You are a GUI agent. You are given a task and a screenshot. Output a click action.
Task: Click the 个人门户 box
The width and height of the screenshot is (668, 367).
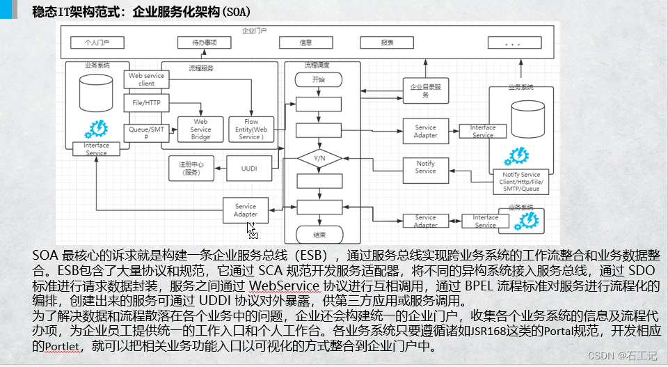click(x=97, y=42)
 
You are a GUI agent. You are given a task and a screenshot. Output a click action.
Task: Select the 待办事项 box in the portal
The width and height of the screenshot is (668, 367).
click(x=205, y=42)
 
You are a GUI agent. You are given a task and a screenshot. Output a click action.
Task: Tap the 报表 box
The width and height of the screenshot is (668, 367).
click(x=387, y=42)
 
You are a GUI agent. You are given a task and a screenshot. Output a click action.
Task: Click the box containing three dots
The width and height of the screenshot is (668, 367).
click(x=514, y=43)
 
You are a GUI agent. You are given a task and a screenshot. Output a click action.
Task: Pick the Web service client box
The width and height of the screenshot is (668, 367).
click(x=146, y=79)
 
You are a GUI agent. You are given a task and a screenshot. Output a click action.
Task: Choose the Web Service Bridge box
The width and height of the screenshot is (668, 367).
click(x=200, y=129)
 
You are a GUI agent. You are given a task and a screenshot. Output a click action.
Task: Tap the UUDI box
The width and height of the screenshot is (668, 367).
click(x=249, y=168)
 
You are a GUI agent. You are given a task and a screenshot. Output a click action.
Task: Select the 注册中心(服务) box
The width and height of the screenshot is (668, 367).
click(x=191, y=168)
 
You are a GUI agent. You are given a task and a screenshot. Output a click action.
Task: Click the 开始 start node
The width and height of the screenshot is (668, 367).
click(x=319, y=80)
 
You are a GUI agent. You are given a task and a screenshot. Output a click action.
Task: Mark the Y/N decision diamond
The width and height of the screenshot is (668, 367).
click(x=319, y=159)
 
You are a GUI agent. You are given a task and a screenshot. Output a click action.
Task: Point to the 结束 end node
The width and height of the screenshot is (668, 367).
click(x=319, y=235)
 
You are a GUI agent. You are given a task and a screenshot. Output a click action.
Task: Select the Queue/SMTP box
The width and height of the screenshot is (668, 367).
click(x=146, y=132)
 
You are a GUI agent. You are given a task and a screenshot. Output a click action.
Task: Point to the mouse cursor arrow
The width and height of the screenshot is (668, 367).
click(x=251, y=230)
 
